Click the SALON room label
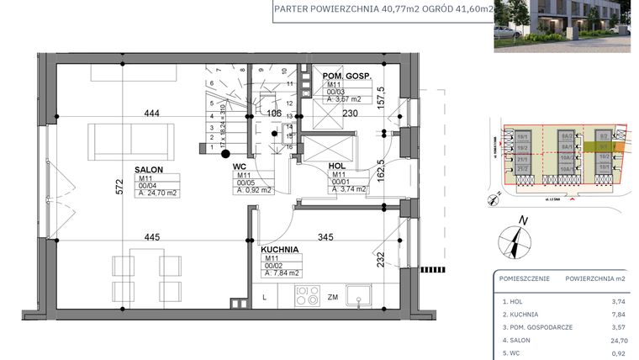coord(148,168)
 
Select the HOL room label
coord(337,166)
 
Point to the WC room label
coord(240,167)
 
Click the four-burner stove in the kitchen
coord(304,296)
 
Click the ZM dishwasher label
coord(333,297)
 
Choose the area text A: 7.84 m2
coord(283,273)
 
